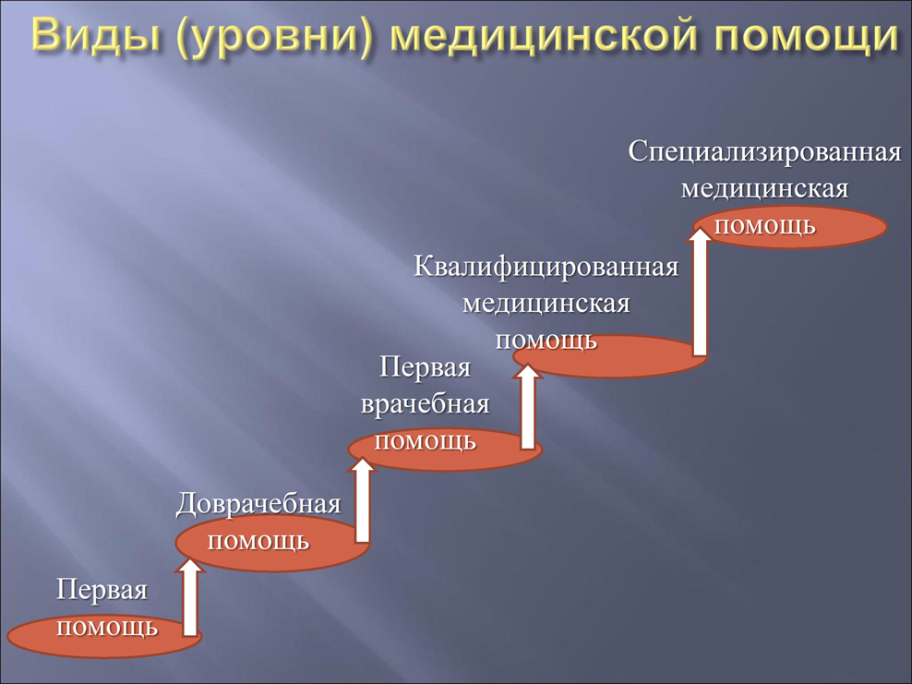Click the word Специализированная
(x=764, y=152)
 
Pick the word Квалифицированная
(x=546, y=267)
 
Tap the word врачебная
(x=426, y=404)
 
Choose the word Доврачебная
(x=258, y=504)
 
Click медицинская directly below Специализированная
(x=764, y=189)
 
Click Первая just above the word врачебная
(x=426, y=367)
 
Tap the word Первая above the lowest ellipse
(x=102, y=591)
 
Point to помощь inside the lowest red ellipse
(x=108, y=629)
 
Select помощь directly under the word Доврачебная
(x=258, y=542)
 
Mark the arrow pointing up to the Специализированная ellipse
(x=700, y=291)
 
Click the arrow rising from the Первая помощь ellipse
(x=189, y=597)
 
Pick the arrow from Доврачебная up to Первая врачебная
(x=363, y=500)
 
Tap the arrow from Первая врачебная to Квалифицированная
(x=528, y=406)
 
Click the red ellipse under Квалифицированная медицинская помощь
(x=610, y=356)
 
